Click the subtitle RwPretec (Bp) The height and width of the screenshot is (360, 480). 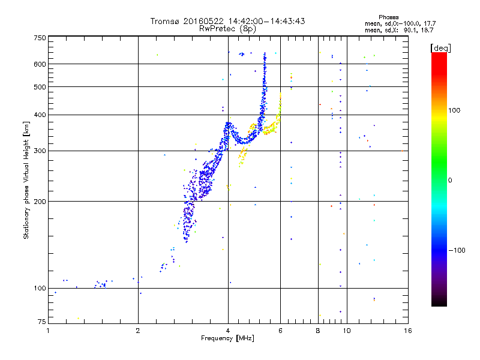[x=227, y=28]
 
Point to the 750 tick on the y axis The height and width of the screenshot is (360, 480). [x=40, y=37]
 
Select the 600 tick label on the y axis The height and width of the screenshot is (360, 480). [x=40, y=64]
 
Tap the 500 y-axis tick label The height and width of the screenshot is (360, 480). [x=40, y=87]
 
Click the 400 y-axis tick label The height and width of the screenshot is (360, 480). [x=40, y=115]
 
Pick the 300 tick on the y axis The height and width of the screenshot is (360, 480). [x=40, y=151]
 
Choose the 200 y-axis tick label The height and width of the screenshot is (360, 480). [x=40, y=201]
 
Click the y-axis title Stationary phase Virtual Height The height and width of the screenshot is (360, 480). [x=26, y=180]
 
